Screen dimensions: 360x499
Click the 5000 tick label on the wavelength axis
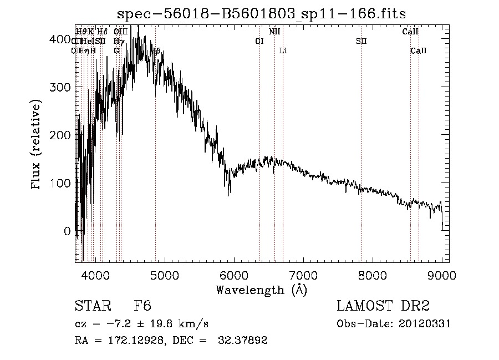(x=164, y=275)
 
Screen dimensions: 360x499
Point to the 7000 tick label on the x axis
(x=303, y=275)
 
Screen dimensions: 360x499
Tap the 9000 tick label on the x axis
(x=441, y=275)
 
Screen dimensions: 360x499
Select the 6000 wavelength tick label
(x=233, y=275)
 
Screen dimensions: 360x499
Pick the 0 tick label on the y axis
(x=67, y=231)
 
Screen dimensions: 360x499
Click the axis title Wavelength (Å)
(x=261, y=290)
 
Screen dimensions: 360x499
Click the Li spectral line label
(x=283, y=50)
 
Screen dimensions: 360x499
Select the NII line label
(x=274, y=32)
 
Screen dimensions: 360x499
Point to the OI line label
(x=259, y=41)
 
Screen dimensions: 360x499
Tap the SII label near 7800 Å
(x=361, y=41)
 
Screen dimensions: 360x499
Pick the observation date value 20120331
(x=424, y=324)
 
